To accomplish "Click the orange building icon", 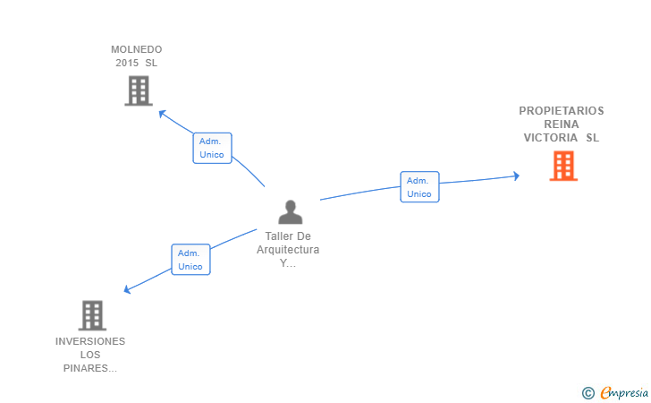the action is [563, 166].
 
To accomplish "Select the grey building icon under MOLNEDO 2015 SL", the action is [139, 90].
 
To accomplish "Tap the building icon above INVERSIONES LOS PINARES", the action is [92, 315].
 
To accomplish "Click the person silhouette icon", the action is [291, 212].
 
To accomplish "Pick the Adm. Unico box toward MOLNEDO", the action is [212, 148].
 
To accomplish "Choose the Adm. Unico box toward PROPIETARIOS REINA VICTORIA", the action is [419, 187].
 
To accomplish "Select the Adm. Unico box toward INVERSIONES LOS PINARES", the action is [190, 260].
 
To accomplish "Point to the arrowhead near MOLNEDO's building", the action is [163, 113].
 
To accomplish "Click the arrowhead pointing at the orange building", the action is [516, 176].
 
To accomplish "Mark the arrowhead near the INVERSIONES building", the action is [128, 289].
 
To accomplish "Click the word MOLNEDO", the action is [137, 49].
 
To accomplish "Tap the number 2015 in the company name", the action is [127, 63].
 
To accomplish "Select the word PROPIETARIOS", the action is [562, 111].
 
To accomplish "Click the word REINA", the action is [562, 124].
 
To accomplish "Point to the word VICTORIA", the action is [551, 138].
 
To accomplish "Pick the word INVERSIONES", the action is [90, 341].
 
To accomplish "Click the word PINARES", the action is [86, 368].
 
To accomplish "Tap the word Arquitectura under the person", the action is [288, 250].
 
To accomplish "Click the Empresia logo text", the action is [624, 392].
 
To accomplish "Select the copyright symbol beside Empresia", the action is [588, 393].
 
